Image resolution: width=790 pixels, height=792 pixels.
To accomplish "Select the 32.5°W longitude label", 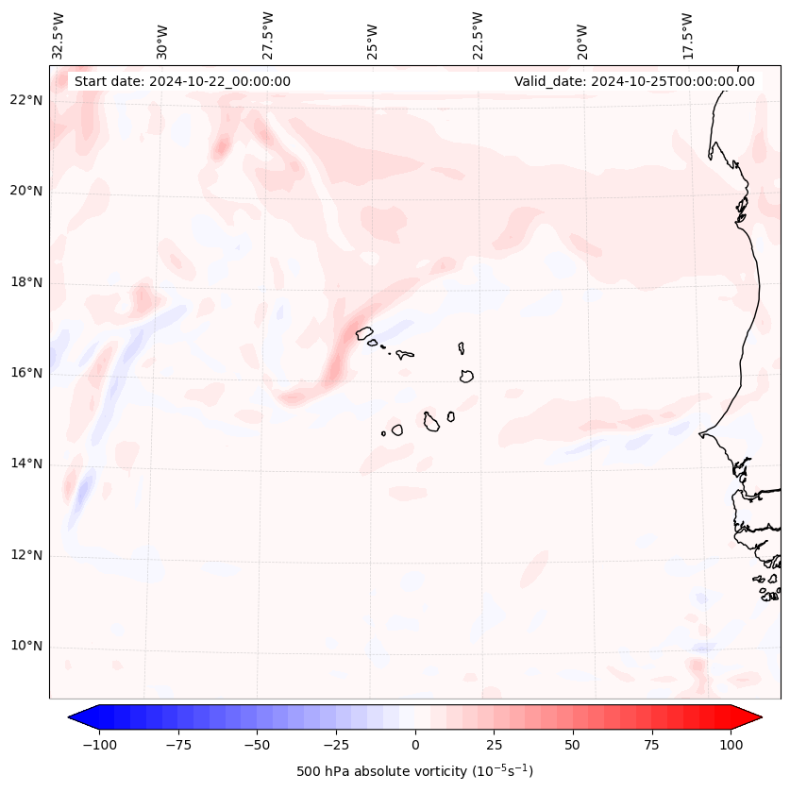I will point(59,36).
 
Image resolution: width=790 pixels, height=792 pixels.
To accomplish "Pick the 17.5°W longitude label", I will point(687,36).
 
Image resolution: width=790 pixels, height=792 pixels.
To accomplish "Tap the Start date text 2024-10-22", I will point(182,81).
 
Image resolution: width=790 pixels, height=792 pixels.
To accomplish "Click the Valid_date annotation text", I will point(634,81).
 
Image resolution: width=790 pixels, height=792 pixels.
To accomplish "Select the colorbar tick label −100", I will point(99,745).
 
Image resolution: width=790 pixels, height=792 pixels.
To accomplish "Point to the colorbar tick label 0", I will point(415,745).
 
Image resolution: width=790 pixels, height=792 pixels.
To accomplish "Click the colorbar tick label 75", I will point(652,745).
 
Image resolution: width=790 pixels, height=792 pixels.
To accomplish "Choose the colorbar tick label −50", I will point(257,745).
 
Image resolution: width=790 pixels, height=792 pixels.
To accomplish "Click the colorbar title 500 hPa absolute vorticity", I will point(414,771).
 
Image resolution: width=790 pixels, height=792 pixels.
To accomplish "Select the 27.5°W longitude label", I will point(268,36).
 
